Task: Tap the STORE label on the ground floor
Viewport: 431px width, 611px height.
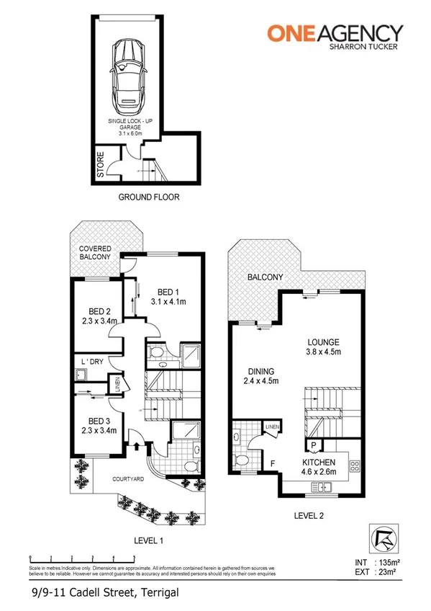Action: tap(100, 164)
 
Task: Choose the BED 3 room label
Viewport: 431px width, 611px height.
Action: tap(94, 425)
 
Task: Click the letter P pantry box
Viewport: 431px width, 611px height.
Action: tap(314, 445)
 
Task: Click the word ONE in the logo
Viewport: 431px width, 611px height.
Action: tap(292, 32)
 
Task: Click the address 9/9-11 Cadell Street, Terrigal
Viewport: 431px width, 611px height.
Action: tap(104, 592)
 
